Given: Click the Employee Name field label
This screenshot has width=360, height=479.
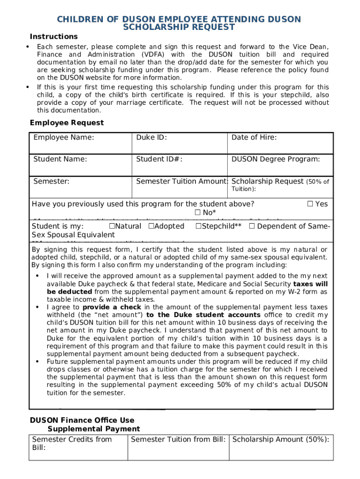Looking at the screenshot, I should [x=64, y=138].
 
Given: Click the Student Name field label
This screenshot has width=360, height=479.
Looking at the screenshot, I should [x=60, y=160].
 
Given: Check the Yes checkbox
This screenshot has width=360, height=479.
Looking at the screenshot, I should [x=310, y=204].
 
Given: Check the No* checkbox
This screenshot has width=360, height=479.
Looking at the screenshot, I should [x=197, y=213].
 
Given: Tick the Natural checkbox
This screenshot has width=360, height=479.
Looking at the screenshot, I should [x=112, y=226].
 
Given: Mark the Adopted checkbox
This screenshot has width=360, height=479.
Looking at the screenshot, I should [x=151, y=226].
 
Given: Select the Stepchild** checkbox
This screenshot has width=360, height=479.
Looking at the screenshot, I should [x=198, y=226].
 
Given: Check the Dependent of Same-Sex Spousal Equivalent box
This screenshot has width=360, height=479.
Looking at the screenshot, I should [x=252, y=226].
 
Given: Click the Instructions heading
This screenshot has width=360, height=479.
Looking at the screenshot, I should [x=54, y=36].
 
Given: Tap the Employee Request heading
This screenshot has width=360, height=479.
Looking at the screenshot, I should [x=67, y=123].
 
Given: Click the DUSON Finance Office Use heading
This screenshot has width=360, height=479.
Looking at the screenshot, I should [x=82, y=421].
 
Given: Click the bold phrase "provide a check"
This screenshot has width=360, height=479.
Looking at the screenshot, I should [x=112, y=307].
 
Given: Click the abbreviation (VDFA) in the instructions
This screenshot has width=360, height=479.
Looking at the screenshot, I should [x=155, y=55].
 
